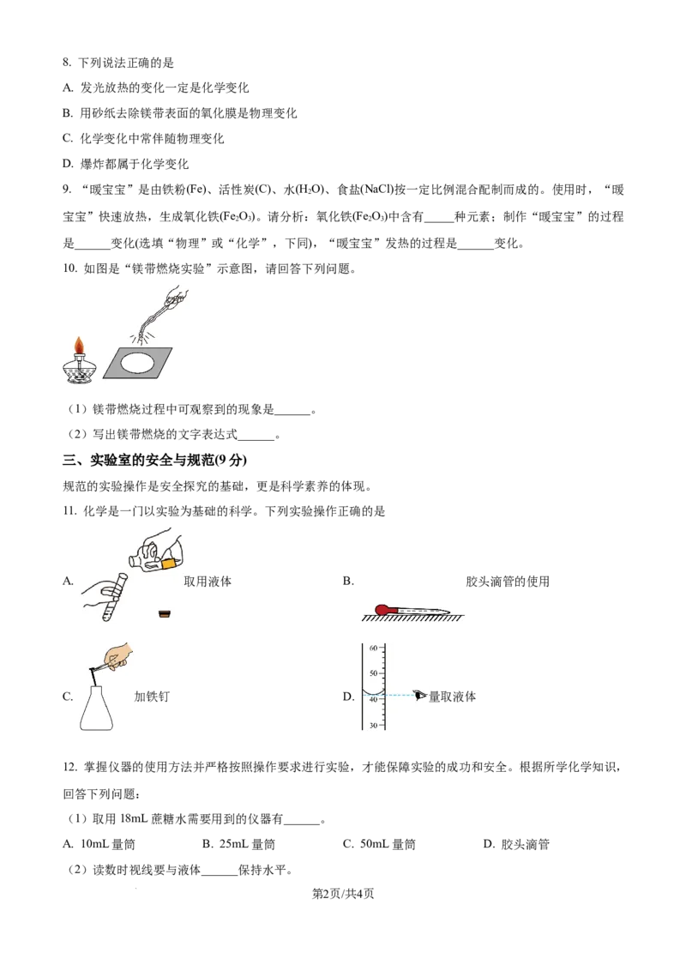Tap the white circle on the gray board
[137, 362]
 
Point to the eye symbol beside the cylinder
[421, 696]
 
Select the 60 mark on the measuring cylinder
[373, 648]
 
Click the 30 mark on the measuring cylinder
[373, 725]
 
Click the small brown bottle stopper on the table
[165, 613]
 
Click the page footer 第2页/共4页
[343, 894]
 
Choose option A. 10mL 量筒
[99, 844]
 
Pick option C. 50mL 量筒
[380, 844]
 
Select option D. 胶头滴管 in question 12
[516, 844]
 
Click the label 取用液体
[208, 581]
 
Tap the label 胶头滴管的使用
[508, 581]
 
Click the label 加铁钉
[152, 696]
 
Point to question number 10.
[69, 268]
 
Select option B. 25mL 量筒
[239, 844]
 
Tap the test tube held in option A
[115, 596]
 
